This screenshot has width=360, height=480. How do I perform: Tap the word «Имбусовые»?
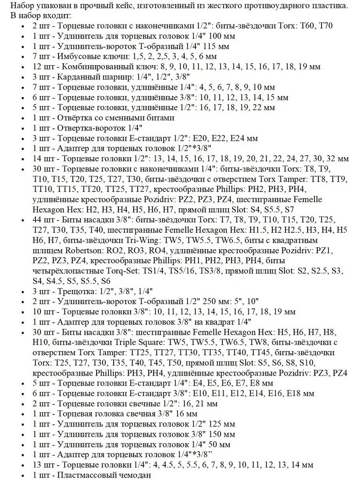coord(77,56)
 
